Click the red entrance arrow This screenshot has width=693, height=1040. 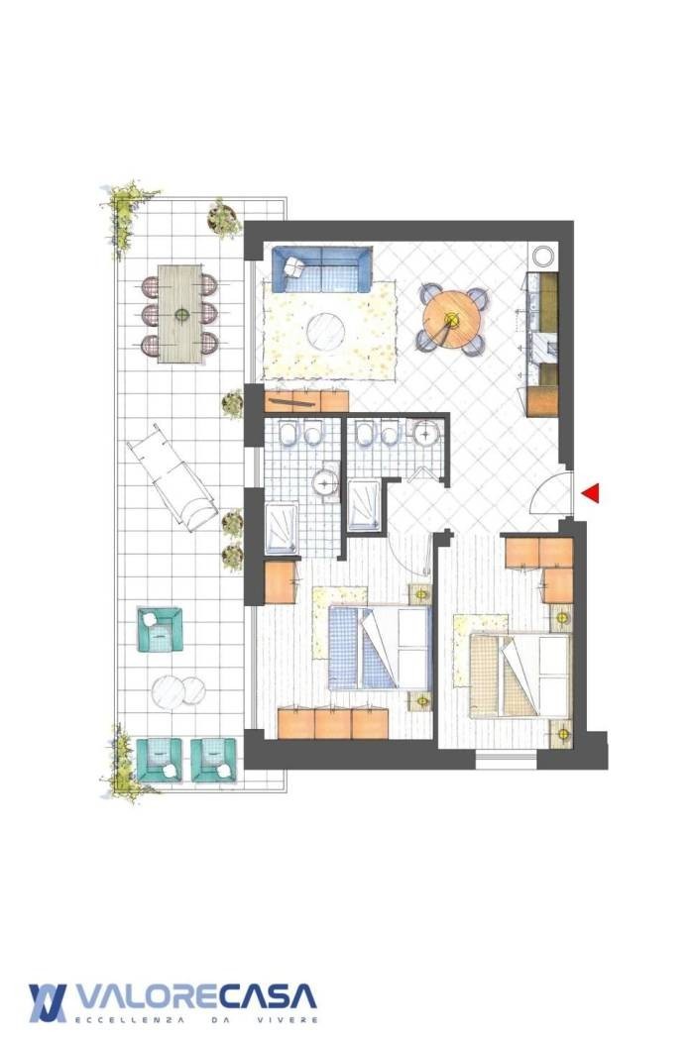[591, 493]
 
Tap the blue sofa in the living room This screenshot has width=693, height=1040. [321, 269]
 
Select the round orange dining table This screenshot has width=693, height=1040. [451, 319]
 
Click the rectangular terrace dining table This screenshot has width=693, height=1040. [179, 314]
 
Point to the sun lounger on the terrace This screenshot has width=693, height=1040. [172, 476]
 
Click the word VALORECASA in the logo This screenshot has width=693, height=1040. [196, 995]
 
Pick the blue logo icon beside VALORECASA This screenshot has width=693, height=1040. [48, 1002]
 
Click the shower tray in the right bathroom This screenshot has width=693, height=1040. [363, 505]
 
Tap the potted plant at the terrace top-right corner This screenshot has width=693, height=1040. [224, 217]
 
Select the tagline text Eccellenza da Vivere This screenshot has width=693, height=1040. [197, 1019]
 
